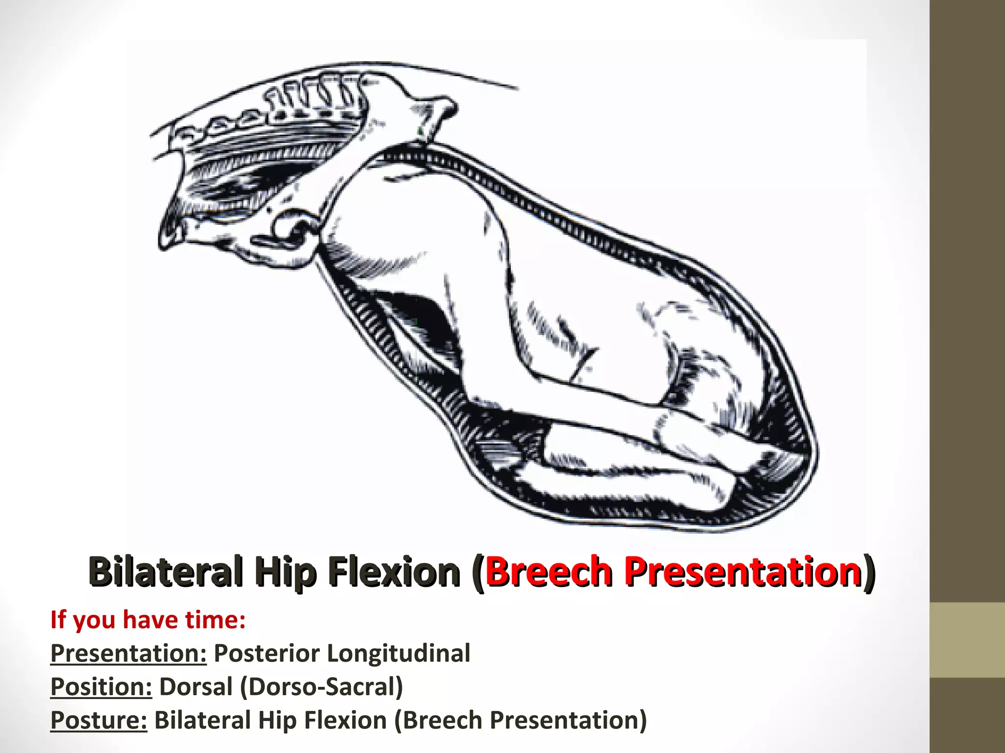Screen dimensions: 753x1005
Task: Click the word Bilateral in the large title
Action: coord(166,571)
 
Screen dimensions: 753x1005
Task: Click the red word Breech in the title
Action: coord(549,571)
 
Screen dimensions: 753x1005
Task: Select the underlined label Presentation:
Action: coord(129,653)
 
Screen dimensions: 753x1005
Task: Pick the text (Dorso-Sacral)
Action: coord(321,686)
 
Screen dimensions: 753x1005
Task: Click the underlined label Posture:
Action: coord(99,720)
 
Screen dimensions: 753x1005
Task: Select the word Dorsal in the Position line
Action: coord(196,686)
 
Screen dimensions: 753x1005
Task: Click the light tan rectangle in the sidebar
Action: coord(967,640)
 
